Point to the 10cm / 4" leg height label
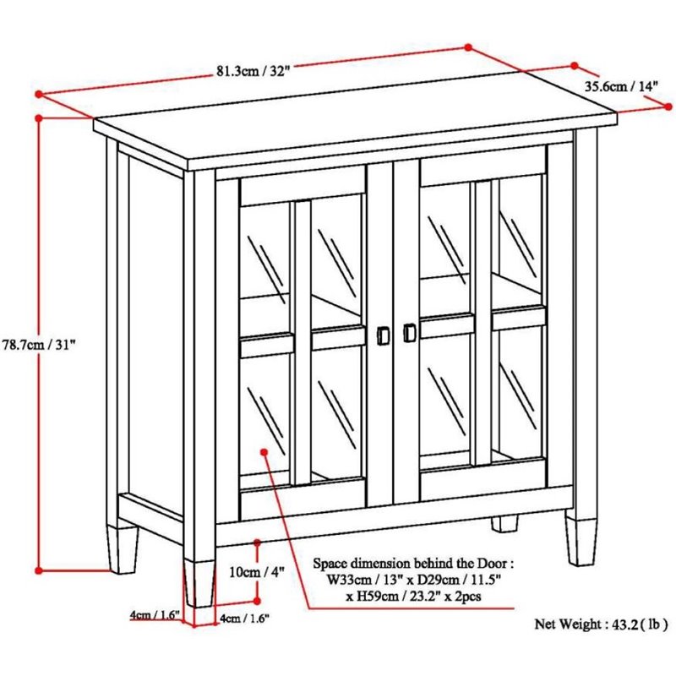tap(256, 571)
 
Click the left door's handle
tap(382, 335)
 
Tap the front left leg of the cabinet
tap(199, 581)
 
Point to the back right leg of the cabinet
tap(505, 523)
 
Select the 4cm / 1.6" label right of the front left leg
tap(244, 619)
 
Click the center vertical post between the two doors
tap(393, 338)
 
